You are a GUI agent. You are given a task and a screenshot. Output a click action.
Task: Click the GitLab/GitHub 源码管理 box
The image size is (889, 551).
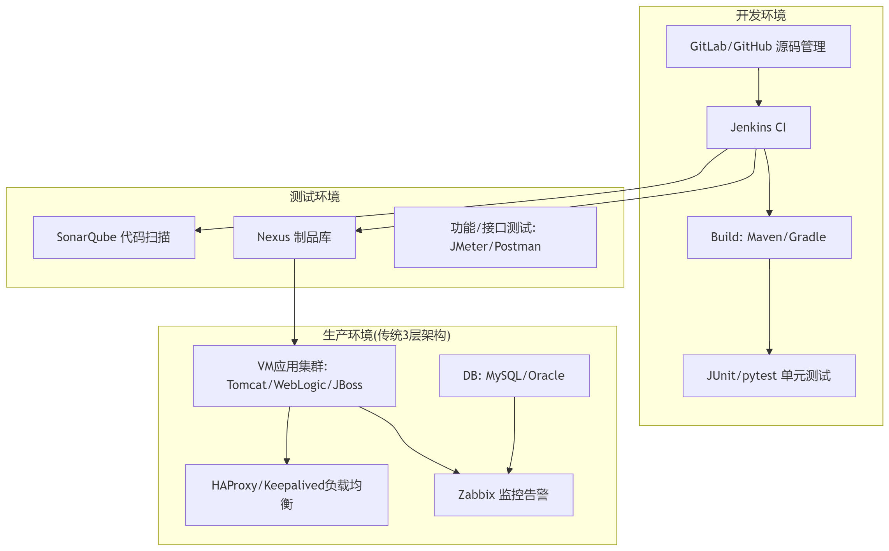[x=758, y=47]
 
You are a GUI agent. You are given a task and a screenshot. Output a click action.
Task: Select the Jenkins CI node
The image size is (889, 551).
[x=758, y=128]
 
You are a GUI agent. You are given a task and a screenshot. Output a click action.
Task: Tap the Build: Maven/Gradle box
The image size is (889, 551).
[x=769, y=237]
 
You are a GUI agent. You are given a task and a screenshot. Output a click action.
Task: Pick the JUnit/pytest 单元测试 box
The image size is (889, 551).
[x=769, y=376]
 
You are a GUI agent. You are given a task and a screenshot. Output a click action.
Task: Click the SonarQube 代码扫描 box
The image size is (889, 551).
[x=114, y=237]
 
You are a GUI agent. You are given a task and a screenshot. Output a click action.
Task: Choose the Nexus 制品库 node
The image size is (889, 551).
[x=294, y=237]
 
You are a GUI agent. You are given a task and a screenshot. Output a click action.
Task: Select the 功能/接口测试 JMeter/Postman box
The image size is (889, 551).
[x=495, y=237]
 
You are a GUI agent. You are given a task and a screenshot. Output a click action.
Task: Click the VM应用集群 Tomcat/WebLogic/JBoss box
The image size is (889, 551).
[x=294, y=376]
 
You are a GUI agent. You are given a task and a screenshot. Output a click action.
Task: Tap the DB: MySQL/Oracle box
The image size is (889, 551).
[x=514, y=376]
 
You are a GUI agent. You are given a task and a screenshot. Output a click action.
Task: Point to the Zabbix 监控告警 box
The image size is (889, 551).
[x=504, y=495]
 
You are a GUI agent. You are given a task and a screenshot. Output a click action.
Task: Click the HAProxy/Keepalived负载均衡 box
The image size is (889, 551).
[x=286, y=495]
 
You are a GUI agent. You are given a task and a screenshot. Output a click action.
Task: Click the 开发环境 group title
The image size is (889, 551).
[x=761, y=16]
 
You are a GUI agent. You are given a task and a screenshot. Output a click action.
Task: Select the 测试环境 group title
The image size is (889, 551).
[x=314, y=197]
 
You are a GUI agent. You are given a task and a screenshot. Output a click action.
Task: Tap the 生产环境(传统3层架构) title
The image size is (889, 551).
[x=387, y=335]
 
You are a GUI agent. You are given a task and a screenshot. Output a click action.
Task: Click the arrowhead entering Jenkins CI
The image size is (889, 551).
[x=758, y=104]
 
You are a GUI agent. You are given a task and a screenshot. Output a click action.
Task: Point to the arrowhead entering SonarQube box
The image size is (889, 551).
[x=198, y=230]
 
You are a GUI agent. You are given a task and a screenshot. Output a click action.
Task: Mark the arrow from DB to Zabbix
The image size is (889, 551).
[x=514, y=436]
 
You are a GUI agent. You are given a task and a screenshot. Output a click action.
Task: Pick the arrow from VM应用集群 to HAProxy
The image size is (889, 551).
[x=287, y=436]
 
